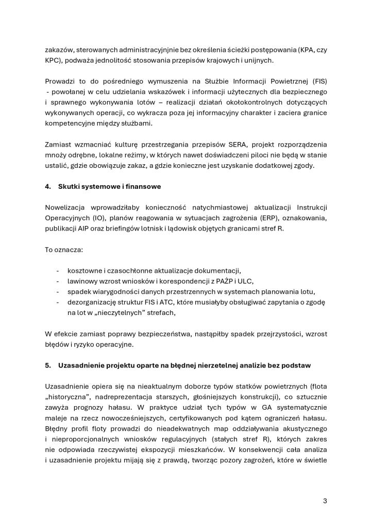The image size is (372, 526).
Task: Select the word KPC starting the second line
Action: pos(52,60)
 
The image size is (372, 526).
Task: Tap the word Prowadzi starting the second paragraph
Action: pos(59,81)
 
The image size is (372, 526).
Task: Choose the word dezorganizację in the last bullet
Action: pos(92,302)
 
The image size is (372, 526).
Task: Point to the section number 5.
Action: pos(47,365)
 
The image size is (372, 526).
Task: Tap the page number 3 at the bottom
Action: pos(325,501)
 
